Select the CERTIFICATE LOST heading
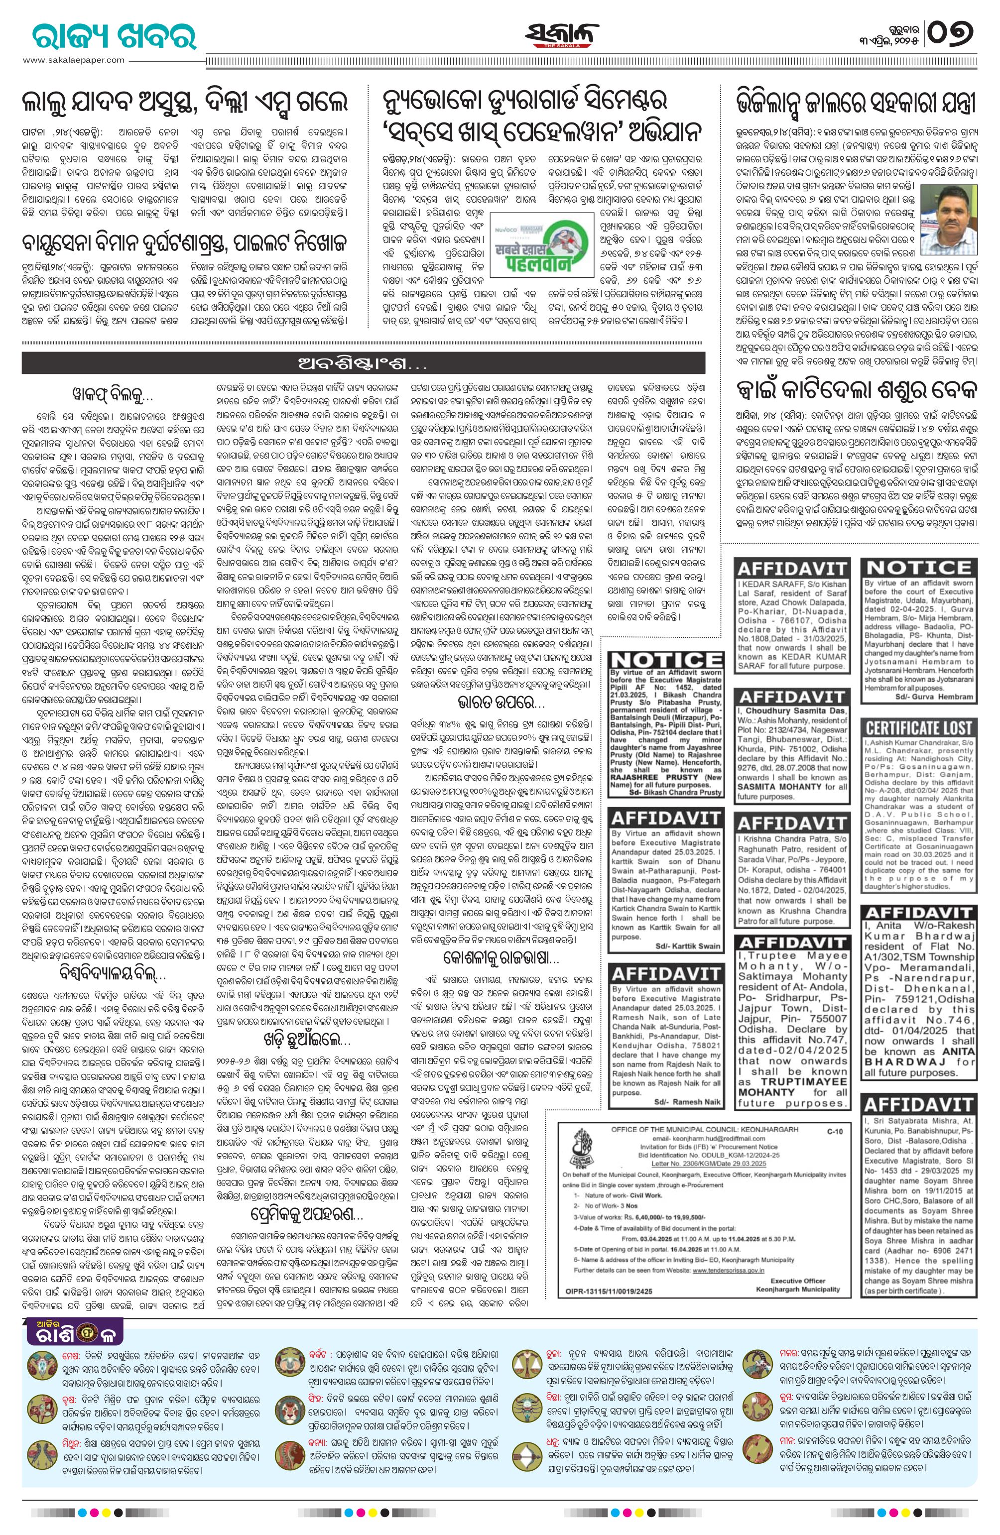pyautogui.click(x=919, y=727)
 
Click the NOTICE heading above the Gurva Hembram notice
pyautogui.click(x=919, y=568)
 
